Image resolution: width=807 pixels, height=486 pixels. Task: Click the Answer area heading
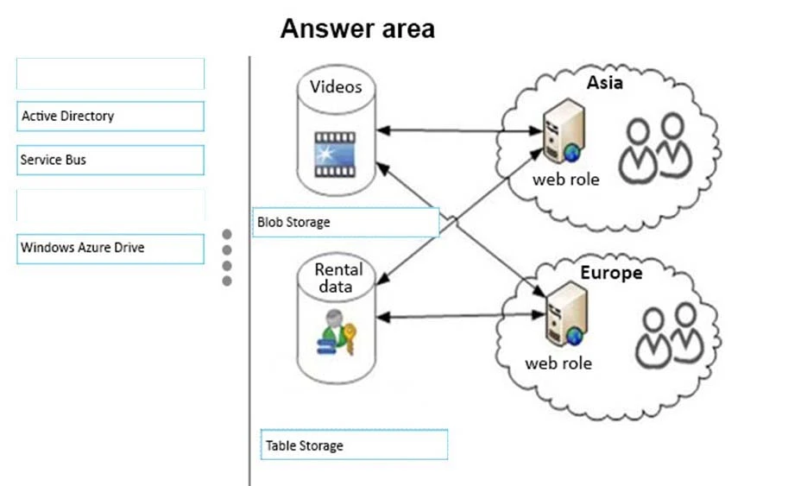point(357,28)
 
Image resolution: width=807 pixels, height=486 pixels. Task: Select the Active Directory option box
point(110,116)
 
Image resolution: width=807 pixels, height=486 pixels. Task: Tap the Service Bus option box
point(110,160)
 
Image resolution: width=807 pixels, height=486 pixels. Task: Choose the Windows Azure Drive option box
point(110,248)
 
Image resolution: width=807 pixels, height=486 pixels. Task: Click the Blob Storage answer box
point(346,222)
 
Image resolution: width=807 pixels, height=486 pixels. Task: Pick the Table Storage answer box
point(354,445)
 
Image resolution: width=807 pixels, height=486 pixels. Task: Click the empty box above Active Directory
point(110,73)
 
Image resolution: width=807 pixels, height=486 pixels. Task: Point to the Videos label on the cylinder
point(336,86)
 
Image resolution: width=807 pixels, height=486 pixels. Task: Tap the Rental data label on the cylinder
point(338,278)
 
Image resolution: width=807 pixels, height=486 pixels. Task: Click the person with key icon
point(336,337)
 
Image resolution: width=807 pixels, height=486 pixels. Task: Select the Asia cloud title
point(605,84)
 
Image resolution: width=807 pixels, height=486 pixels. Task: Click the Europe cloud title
point(611,273)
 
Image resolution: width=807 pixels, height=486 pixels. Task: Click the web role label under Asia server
point(565,180)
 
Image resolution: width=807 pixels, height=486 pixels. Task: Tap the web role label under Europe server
point(558,363)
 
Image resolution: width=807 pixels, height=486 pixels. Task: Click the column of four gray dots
point(227,257)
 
